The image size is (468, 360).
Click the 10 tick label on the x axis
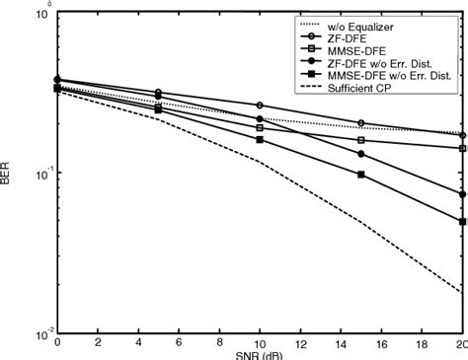click(x=259, y=343)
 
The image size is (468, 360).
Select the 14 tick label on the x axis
click(x=341, y=343)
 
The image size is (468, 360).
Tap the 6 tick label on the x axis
click(x=179, y=343)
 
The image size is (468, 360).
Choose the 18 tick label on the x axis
click(x=422, y=343)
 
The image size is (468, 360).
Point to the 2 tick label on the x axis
click(x=98, y=343)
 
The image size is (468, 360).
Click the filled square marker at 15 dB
click(x=360, y=175)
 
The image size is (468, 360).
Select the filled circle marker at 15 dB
click(x=360, y=154)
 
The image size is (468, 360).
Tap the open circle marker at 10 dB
click(x=260, y=106)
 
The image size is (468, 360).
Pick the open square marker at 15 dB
click(x=360, y=140)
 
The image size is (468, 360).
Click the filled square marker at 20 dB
click(x=461, y=222)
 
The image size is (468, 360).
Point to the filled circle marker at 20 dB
click(x=461, y=194)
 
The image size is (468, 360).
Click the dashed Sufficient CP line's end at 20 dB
click(x=461, y=292)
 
